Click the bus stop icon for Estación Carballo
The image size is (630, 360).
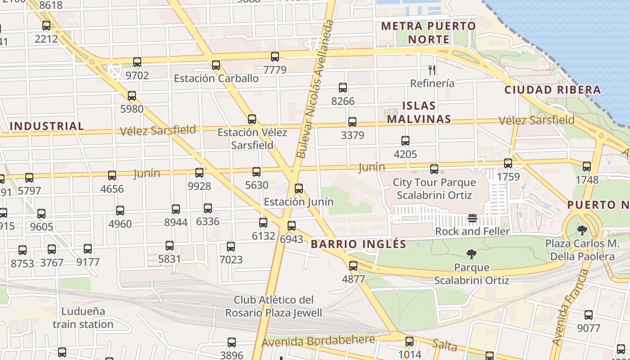click(x=216, y=65)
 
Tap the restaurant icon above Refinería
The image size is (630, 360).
click(x=432, y=70)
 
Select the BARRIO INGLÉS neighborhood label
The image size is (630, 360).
click(x=358, y=244)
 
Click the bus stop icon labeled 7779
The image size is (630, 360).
click(x=275, y=57)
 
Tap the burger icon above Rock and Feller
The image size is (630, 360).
click(x=472, y=219)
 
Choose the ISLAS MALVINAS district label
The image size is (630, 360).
click(x=418, y=112)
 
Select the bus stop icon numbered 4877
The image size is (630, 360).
click(x=353, y=266)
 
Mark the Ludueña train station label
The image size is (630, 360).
click(x=83, y=318)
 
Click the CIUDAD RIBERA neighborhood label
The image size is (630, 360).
click(x=553, y=90)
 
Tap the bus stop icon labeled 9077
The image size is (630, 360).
click(x=588, y=315)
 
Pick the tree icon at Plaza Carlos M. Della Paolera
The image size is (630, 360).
click(x=582, y=230)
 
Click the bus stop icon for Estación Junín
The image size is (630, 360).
click(x=298, y=189)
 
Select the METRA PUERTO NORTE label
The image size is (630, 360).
click(x=428, y=32)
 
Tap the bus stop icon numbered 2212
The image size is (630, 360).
click(x=46, y=26)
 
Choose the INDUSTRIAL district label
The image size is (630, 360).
click(x=47, y=126)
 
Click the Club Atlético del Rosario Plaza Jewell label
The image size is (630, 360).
click(x=274, y=306)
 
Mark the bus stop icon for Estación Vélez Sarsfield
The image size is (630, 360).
click(x=252, y=119)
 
